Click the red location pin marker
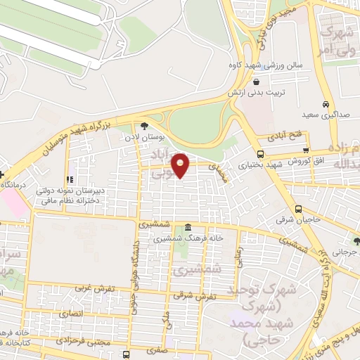pyautogui.click(x=181, y=165)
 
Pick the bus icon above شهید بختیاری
pyautogui.click(x=260, y=154)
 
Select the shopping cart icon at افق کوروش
pyautogui.click(x=305, y=150)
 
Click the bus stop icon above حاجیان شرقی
pyautogui.click(x=298, y=208)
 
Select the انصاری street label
pyautogui.click(x=70, y=312)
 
